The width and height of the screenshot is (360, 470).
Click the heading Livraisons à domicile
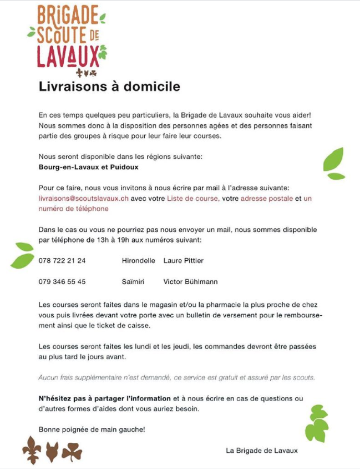click(109, 87)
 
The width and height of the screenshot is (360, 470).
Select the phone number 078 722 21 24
click(62, 261)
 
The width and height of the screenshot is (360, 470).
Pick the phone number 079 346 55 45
click(62, 282)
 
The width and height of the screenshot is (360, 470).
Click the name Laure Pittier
click(183, 261)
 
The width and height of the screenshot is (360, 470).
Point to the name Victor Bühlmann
click(190, 282)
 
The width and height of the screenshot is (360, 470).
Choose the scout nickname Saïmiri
click(133, 282)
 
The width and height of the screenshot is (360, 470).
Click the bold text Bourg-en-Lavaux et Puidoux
click(88, 166)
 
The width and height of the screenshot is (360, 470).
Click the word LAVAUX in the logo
click(67, 55)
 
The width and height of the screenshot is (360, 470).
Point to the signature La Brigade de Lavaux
click(261, 450)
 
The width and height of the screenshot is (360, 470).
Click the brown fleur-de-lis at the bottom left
click(32, 449)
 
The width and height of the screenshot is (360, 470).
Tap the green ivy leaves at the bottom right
click(317, 423)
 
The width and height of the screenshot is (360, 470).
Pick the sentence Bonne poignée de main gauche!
click(92, 429)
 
